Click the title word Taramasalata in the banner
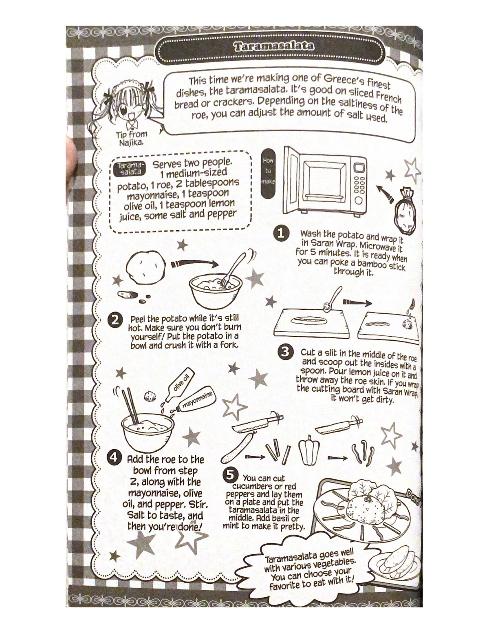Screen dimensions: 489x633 [274, 46]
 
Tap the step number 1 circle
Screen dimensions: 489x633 [281, 233]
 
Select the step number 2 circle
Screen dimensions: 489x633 [115, 320]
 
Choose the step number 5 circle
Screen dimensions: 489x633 [230, 474]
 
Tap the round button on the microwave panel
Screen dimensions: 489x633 [359, 201]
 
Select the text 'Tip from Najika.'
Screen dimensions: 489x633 [131, 138]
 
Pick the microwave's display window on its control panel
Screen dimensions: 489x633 [359, 168]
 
